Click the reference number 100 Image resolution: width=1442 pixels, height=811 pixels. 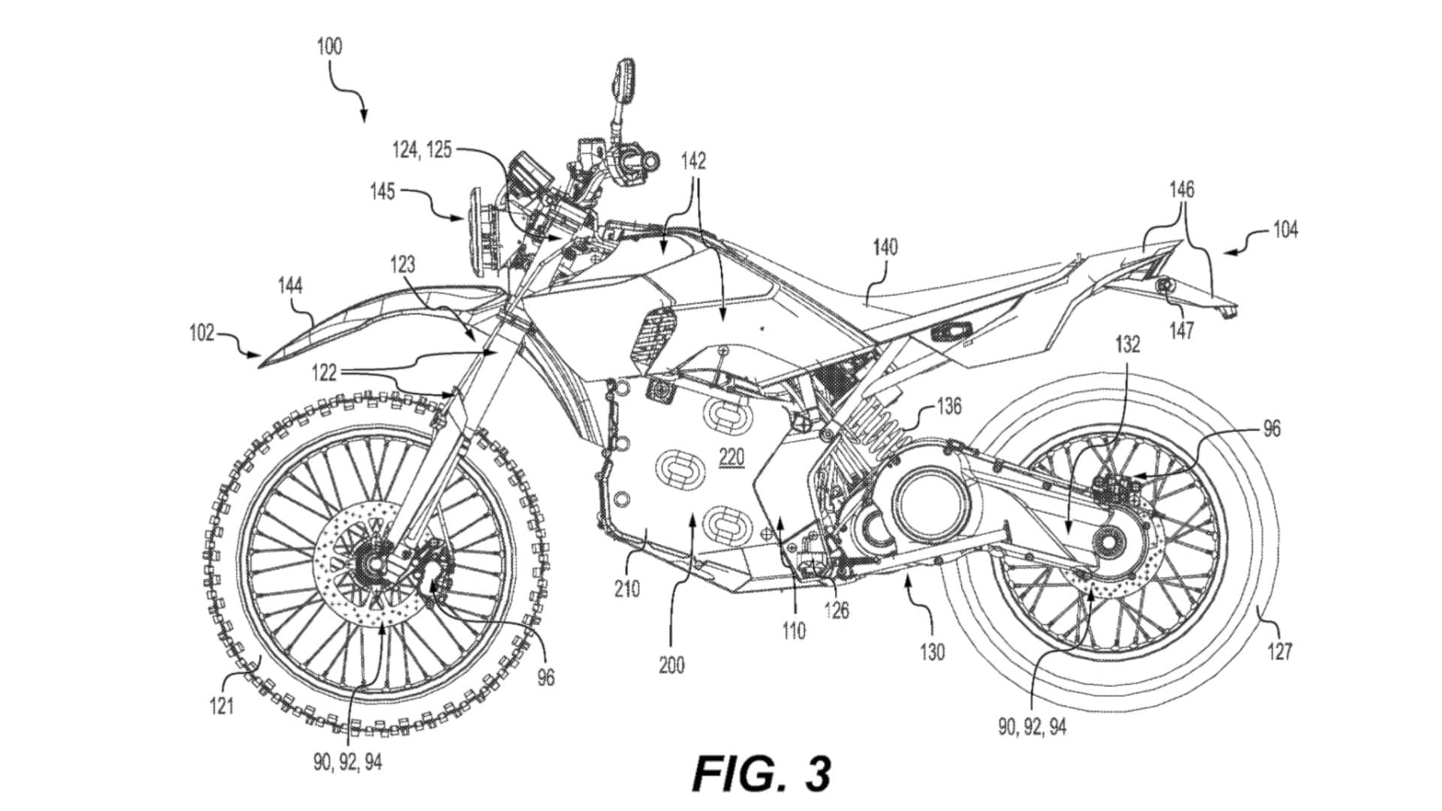329,47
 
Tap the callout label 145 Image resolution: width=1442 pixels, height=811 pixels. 382,192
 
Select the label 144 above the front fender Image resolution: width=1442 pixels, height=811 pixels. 290,286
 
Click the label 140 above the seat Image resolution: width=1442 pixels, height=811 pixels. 885,247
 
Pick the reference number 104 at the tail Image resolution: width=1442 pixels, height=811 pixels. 1285,229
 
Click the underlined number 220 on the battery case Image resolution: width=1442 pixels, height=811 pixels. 730,457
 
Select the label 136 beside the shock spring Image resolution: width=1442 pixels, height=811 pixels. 949,406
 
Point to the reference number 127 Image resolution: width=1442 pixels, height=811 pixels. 1280,650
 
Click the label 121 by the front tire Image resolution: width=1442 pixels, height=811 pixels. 222,706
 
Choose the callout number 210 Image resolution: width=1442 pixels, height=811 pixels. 627,589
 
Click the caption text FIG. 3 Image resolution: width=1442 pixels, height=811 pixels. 762,773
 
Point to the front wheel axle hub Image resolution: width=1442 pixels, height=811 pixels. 373,561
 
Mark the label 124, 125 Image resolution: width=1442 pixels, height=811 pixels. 423,149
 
